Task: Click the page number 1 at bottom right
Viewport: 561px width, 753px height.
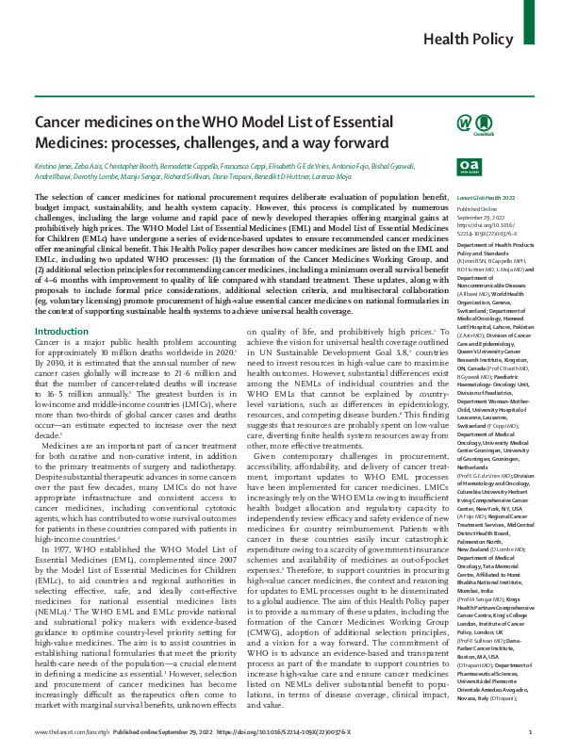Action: [531, 731]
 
